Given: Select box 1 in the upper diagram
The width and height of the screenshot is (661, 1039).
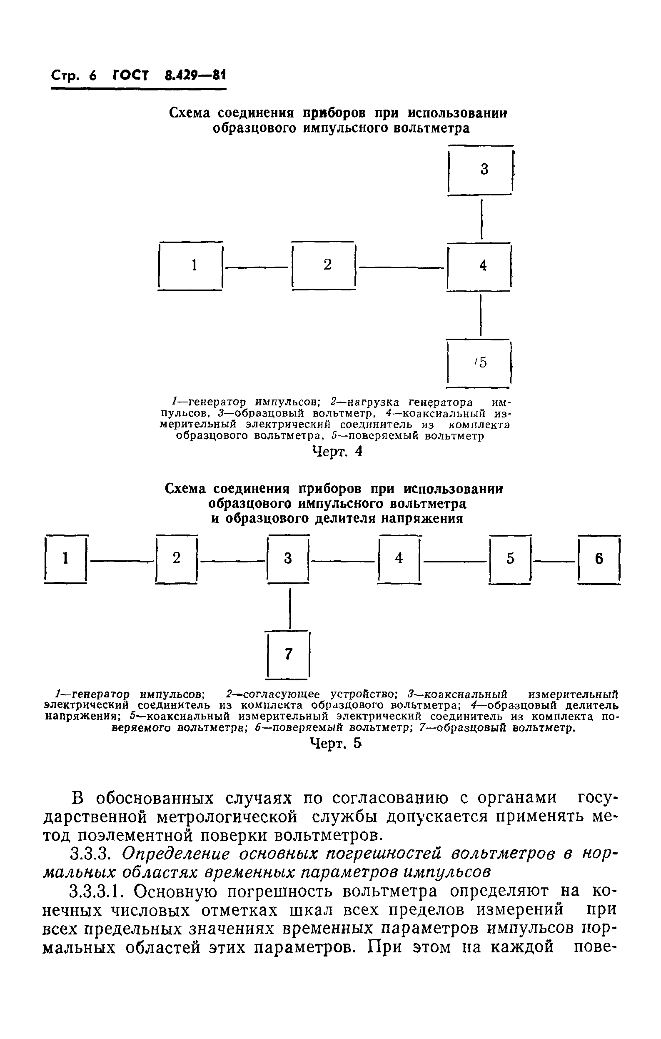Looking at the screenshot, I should [x=191, y=266].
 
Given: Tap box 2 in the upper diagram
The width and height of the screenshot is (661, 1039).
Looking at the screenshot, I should [x=324, y=266].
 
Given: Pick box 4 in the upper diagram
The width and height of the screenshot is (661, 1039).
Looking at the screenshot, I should [x=480, y=266].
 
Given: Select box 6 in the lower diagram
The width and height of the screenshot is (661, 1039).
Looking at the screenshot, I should [x=599, y=559].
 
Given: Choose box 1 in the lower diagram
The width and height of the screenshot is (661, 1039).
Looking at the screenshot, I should [x=65, y=559].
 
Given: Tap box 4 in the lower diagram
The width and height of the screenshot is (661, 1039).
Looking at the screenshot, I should [x=399, y=559].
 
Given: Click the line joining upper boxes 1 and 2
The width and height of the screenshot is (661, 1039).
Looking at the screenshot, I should [x=257, y=267].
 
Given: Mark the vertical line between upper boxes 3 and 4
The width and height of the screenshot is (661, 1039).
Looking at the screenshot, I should [x=482, y=219].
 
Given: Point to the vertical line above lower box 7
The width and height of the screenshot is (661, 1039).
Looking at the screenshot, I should [x=290, y=609].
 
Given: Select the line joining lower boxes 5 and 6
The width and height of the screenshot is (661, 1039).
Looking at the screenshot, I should [x=554, y=561].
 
